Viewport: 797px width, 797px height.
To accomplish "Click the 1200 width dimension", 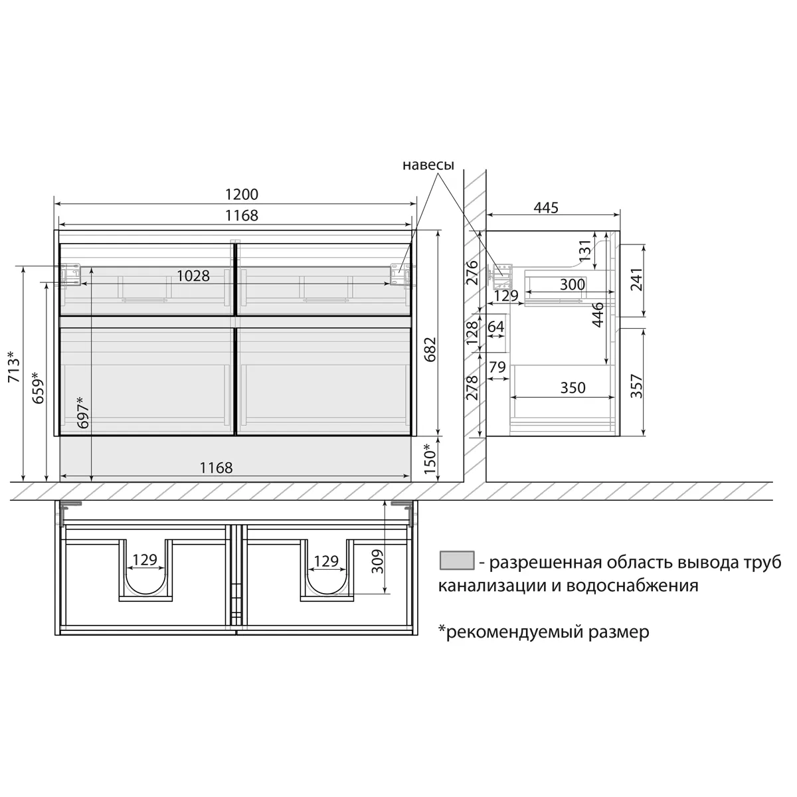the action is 242,194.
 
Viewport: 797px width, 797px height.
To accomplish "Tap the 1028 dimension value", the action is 193,276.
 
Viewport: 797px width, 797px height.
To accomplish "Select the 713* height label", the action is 14,367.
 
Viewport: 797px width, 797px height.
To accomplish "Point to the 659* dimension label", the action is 38,387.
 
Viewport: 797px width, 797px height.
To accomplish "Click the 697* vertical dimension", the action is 83,412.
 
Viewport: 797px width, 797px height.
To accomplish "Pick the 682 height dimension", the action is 430,349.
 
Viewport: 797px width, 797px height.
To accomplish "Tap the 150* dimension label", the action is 430,459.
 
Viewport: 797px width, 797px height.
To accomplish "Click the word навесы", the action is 428,165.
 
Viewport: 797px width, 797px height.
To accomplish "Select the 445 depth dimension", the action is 545,208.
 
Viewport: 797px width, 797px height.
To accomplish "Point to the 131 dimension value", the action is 585,250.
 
